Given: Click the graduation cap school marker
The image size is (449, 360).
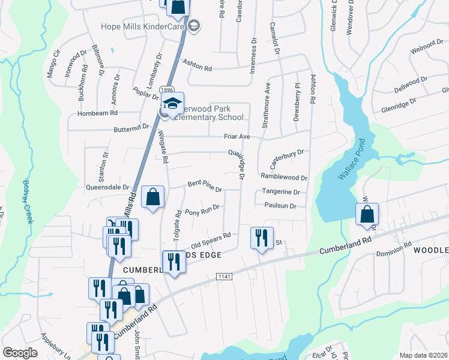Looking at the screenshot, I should pos(172,104).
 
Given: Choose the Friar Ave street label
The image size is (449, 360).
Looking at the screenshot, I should pos(237,137).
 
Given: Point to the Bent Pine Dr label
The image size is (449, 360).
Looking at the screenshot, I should pos(205,185).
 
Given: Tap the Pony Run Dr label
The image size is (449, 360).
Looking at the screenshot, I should pos(202,210).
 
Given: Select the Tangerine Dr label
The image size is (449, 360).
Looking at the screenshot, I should pos(280,192).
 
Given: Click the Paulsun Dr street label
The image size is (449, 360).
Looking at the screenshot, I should pos(280,206).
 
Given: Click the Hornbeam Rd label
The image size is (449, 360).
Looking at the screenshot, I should pos(97,113).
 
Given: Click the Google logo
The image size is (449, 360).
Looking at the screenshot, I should pos(20,352).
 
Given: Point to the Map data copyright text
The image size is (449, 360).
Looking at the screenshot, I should pos(423,355).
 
